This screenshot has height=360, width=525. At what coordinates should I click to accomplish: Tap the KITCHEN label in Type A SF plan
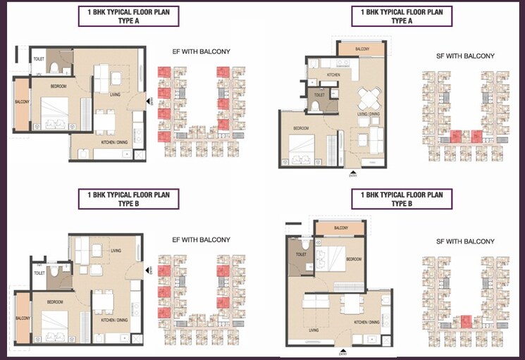pyautogui.click(x=333, y=74)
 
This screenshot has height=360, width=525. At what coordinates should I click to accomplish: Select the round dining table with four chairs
pyautogui.click(x=369, y=95)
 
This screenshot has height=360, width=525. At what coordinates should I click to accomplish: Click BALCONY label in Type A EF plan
pyautogui.click(x=22, y=102)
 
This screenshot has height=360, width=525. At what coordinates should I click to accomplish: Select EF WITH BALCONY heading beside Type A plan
pyautogui.click(x=202, y=51)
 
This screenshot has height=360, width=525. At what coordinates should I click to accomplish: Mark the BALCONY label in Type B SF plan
pyautogui.click(x=341, y=228)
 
